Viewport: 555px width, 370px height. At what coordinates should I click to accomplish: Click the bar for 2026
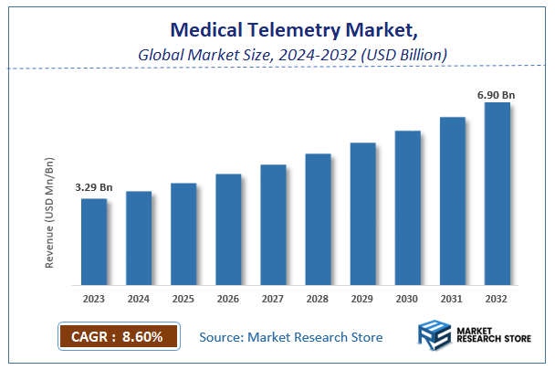[228, 228]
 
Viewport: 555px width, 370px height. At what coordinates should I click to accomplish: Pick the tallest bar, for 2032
[497, 193]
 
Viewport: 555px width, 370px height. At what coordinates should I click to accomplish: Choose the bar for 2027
[273, 224]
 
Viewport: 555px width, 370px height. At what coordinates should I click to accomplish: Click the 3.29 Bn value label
[94, 187]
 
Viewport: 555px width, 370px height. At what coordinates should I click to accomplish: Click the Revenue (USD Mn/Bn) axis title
[49, 211]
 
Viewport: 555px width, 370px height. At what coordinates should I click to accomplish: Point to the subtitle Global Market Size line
[292, 55]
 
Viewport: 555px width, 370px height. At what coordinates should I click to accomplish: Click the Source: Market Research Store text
[291, 338]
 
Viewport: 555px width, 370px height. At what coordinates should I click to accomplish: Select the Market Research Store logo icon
[433, 336]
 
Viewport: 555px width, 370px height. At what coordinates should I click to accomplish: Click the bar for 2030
[407, 207]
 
